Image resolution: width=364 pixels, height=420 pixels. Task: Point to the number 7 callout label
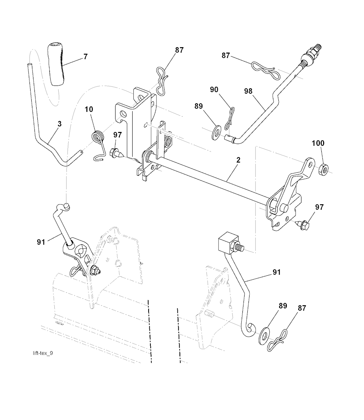click(x=85, y=56)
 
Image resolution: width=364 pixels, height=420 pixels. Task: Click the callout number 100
click(x=318, y=143)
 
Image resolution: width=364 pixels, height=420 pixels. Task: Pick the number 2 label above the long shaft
click(x=238, y=160)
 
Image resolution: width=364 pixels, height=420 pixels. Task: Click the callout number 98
click(x=248, y=91)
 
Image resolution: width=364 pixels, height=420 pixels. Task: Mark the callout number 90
click(x=214, y=90)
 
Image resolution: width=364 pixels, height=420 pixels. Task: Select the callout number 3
click(x=59, y=124)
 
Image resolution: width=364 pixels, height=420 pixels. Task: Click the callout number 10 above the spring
click(x=89, y=109)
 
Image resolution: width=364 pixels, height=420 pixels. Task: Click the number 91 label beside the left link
click(x=41, y=243)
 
